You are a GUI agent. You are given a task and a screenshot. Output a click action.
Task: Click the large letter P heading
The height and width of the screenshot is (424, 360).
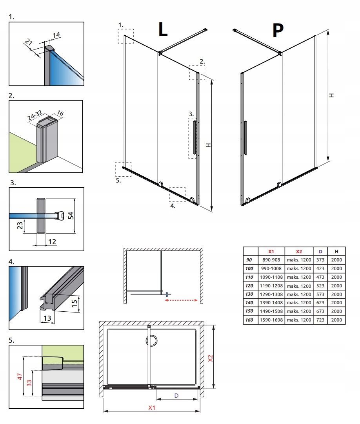click(x=278, y=30)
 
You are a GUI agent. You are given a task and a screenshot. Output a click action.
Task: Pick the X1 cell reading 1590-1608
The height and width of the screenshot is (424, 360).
click(x=270, y=320)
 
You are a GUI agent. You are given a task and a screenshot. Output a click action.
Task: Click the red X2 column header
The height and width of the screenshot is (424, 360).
click(x=299, y=251)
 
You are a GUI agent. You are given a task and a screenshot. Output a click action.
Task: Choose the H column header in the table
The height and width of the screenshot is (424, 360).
click(x=336, y=251)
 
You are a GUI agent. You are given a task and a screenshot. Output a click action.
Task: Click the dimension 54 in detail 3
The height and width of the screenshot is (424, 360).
click(x=71, y=215)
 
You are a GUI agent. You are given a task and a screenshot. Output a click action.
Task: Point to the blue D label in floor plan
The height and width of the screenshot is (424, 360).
click(x=176, y=396)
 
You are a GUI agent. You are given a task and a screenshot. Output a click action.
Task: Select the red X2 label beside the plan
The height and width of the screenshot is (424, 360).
click(x=210, y=358)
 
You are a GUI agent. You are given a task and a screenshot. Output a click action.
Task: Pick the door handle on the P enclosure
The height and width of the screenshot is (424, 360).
click(x=245, y=137)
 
